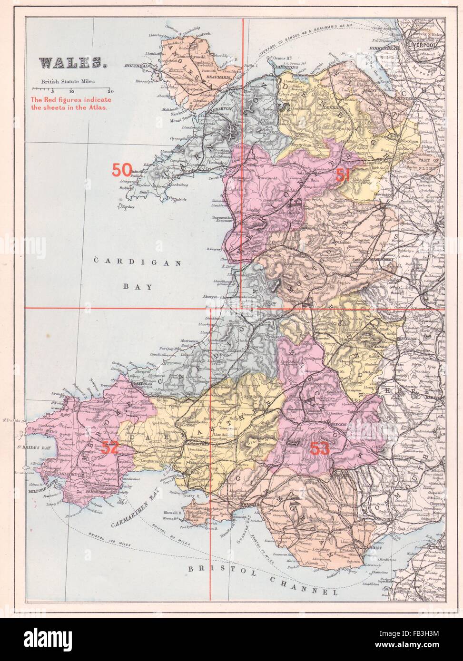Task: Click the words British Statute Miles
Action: (68, 81)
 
